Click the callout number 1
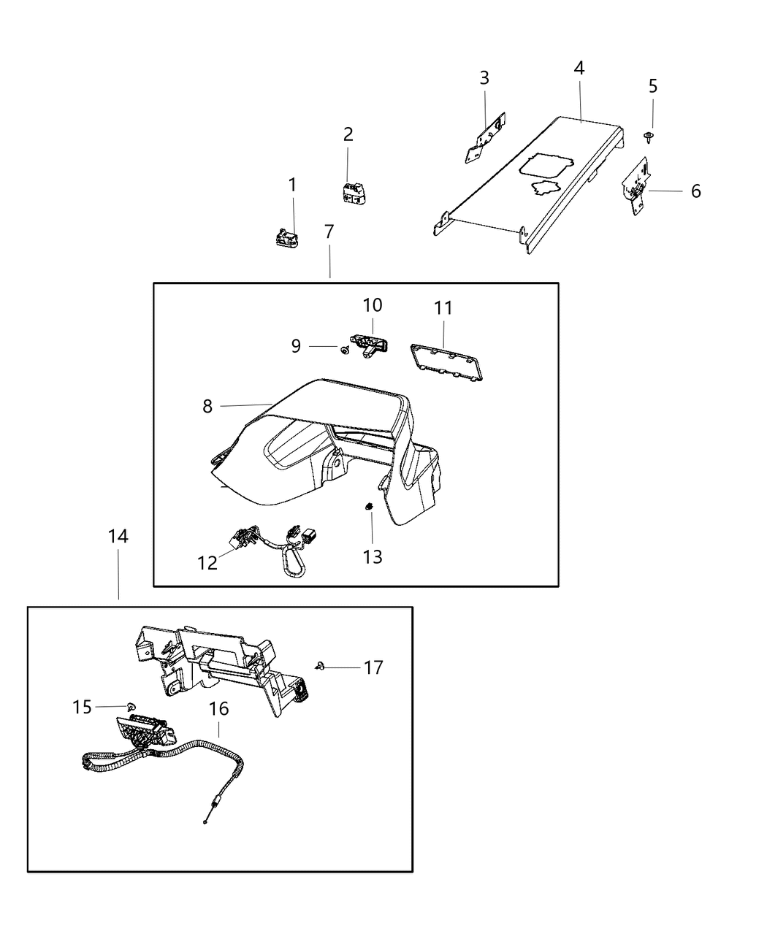coord(292,185)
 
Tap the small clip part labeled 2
coord(352,193)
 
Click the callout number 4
coord(579,69)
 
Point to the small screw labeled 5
coord(648,136)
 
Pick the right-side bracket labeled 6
coord(637,188)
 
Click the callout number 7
coord(329,232)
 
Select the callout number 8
coord(207,407)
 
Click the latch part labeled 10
coord(370,344)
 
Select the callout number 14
coord(118,537)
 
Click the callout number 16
coord(218,708)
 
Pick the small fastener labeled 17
coord(321,665)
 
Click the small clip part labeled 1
coord(287,237)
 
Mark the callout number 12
coord(207,563)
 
